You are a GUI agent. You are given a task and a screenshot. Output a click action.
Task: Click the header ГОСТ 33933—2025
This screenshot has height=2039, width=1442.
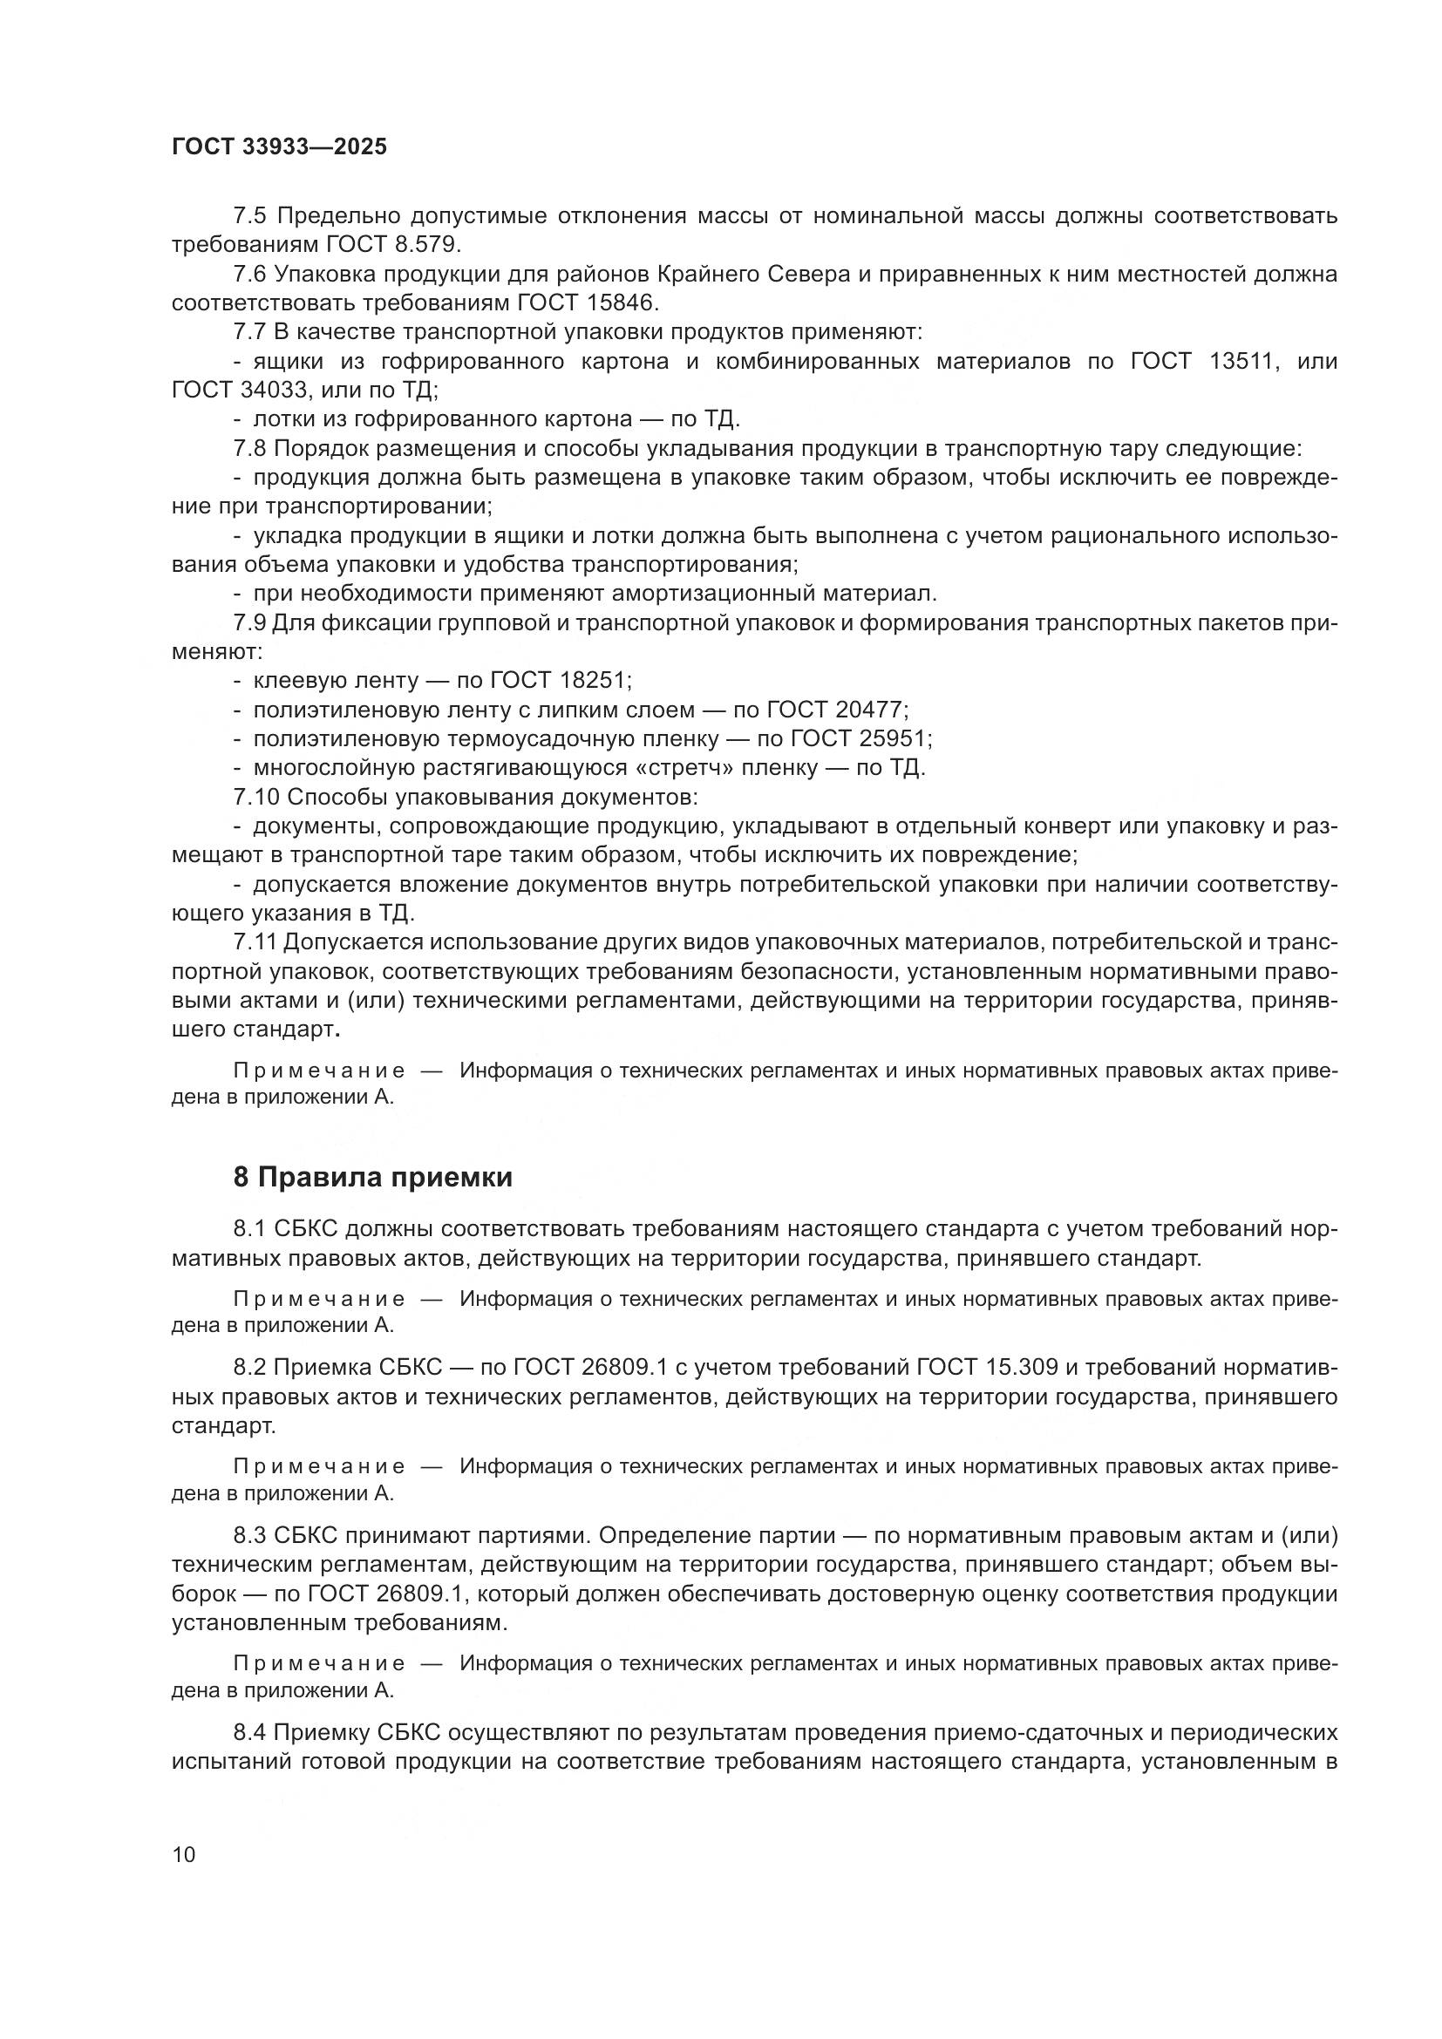280,147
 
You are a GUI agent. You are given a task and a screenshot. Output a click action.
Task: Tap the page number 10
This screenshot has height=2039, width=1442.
184,1854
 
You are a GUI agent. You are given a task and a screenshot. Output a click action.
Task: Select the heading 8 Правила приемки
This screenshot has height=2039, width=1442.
373,1178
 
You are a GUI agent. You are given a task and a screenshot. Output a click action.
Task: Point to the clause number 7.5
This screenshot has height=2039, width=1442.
249,216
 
